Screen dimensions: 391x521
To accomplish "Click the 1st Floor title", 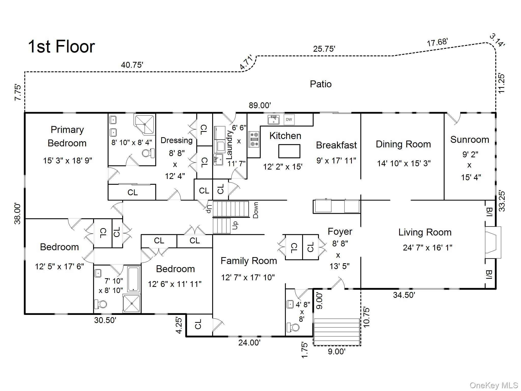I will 61,46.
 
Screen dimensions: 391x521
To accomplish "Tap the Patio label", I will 321,84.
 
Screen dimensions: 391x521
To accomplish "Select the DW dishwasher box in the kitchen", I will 289,119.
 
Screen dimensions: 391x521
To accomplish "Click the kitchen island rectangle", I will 289,151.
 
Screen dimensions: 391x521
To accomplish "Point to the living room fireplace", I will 493,242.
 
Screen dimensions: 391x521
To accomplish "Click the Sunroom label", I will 470,139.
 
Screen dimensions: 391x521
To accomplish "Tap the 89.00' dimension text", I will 260,105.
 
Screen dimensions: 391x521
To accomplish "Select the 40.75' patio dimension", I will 132,65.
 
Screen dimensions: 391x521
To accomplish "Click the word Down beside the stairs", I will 256,210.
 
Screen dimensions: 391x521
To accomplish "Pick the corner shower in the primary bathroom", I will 144,124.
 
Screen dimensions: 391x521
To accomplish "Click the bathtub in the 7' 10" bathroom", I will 133,279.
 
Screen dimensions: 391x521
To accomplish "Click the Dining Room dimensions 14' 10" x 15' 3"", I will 404,163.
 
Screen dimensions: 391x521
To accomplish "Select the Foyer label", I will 340,231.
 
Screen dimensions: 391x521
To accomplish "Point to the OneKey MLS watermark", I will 494,385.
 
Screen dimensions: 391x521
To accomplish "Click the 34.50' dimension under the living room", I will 404,295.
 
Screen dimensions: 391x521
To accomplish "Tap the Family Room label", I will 249,261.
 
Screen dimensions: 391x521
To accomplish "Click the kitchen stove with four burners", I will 254,139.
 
